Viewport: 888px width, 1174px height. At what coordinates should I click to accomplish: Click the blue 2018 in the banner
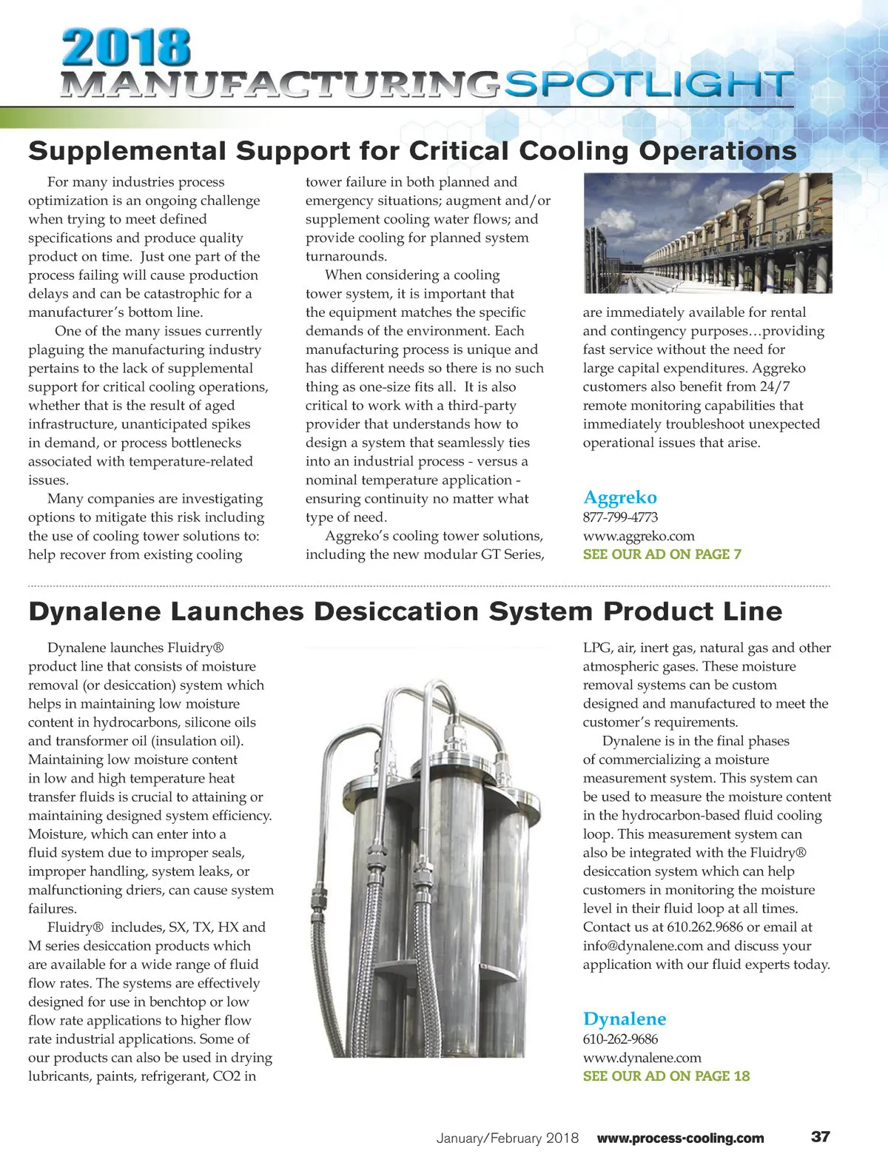coord(127,48)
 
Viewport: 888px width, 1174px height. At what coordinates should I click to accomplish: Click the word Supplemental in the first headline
coord(127,151)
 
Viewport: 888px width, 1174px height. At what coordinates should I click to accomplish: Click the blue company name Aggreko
coord(619,497)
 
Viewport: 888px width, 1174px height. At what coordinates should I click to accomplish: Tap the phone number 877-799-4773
coord(620,517)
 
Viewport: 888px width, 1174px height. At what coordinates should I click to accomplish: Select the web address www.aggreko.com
coord(638,536)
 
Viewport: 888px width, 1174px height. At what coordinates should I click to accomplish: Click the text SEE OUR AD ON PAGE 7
coord(662,554)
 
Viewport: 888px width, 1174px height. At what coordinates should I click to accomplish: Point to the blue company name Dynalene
coord(624,1019)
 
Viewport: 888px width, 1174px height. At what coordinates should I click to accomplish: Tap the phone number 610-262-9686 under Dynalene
coord(620,1039)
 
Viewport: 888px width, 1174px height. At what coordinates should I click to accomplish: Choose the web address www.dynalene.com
coord(642,1058)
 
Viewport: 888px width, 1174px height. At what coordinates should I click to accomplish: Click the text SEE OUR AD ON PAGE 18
coord(666,1076)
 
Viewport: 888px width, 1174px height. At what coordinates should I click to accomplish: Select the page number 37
coord(821,1137)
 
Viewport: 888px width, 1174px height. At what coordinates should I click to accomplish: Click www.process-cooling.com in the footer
coord(680,1138)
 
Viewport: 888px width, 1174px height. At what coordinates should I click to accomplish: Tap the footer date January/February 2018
coord(507,1138)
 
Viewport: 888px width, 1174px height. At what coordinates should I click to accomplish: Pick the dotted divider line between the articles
coord(429,586)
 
